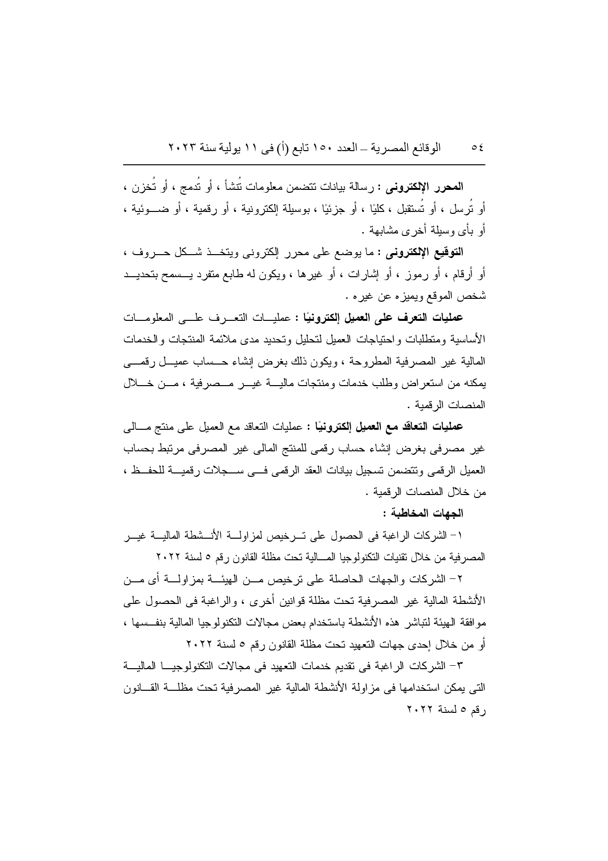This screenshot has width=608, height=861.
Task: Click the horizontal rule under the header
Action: pos(304,164)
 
